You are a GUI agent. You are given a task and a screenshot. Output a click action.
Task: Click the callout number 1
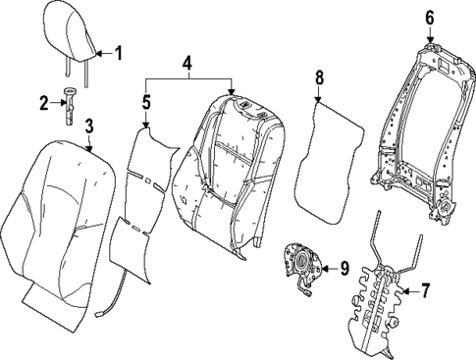point(119,53)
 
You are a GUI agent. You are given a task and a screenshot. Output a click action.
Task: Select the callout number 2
point(43,101)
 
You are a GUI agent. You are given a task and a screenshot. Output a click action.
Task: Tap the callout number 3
point(88,126)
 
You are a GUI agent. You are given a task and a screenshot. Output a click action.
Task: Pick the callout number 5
point(146,101)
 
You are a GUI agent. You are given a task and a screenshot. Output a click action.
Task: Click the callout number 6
point(429,17)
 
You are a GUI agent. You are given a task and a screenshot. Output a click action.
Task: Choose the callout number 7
point(425,291)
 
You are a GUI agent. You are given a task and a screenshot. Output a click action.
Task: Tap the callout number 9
point(344,267)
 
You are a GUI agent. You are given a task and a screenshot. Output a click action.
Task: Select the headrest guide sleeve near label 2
point(71,103)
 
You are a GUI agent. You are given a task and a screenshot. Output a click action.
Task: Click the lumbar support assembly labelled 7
point(378,294)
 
